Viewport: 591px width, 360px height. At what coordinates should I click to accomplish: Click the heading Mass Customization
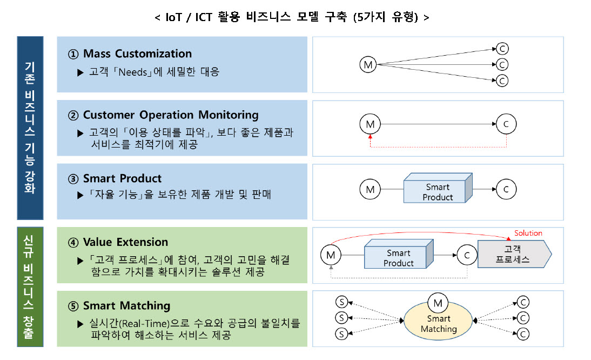pos(137,54)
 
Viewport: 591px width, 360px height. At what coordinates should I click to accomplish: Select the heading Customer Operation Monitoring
pos(171,115)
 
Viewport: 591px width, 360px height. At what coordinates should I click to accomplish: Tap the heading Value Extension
pos(125,242)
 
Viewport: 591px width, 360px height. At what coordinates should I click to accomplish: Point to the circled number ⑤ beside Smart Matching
pos(73,306)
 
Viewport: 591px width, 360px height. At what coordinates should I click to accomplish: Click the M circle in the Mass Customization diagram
pos(368,64)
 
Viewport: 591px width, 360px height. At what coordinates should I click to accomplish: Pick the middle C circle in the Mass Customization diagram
pos(502,65)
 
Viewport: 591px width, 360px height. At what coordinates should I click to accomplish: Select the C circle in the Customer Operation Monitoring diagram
pos(506,124)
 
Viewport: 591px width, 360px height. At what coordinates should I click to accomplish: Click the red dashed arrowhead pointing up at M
pos(370,137)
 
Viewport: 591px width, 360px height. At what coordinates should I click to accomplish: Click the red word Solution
pos(528,233)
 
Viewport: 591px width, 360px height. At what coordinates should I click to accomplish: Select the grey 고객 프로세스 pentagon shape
pos(514,254)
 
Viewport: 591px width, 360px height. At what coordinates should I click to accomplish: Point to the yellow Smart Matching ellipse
pos(438,323)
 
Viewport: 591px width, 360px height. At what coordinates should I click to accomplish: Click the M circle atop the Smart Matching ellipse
pos(438,303)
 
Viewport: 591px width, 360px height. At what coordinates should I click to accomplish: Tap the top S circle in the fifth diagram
pos(341,302)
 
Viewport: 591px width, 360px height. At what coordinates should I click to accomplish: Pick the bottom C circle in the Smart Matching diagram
pos(523,334)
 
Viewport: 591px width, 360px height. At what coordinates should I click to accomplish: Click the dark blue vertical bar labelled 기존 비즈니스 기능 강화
pos(30,128)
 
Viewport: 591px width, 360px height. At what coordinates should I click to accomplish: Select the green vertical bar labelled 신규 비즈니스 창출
pos(30,287)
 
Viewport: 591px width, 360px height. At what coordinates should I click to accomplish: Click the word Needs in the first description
pos(133,72)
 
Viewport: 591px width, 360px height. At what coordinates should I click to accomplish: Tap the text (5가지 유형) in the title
pos(386,17)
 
